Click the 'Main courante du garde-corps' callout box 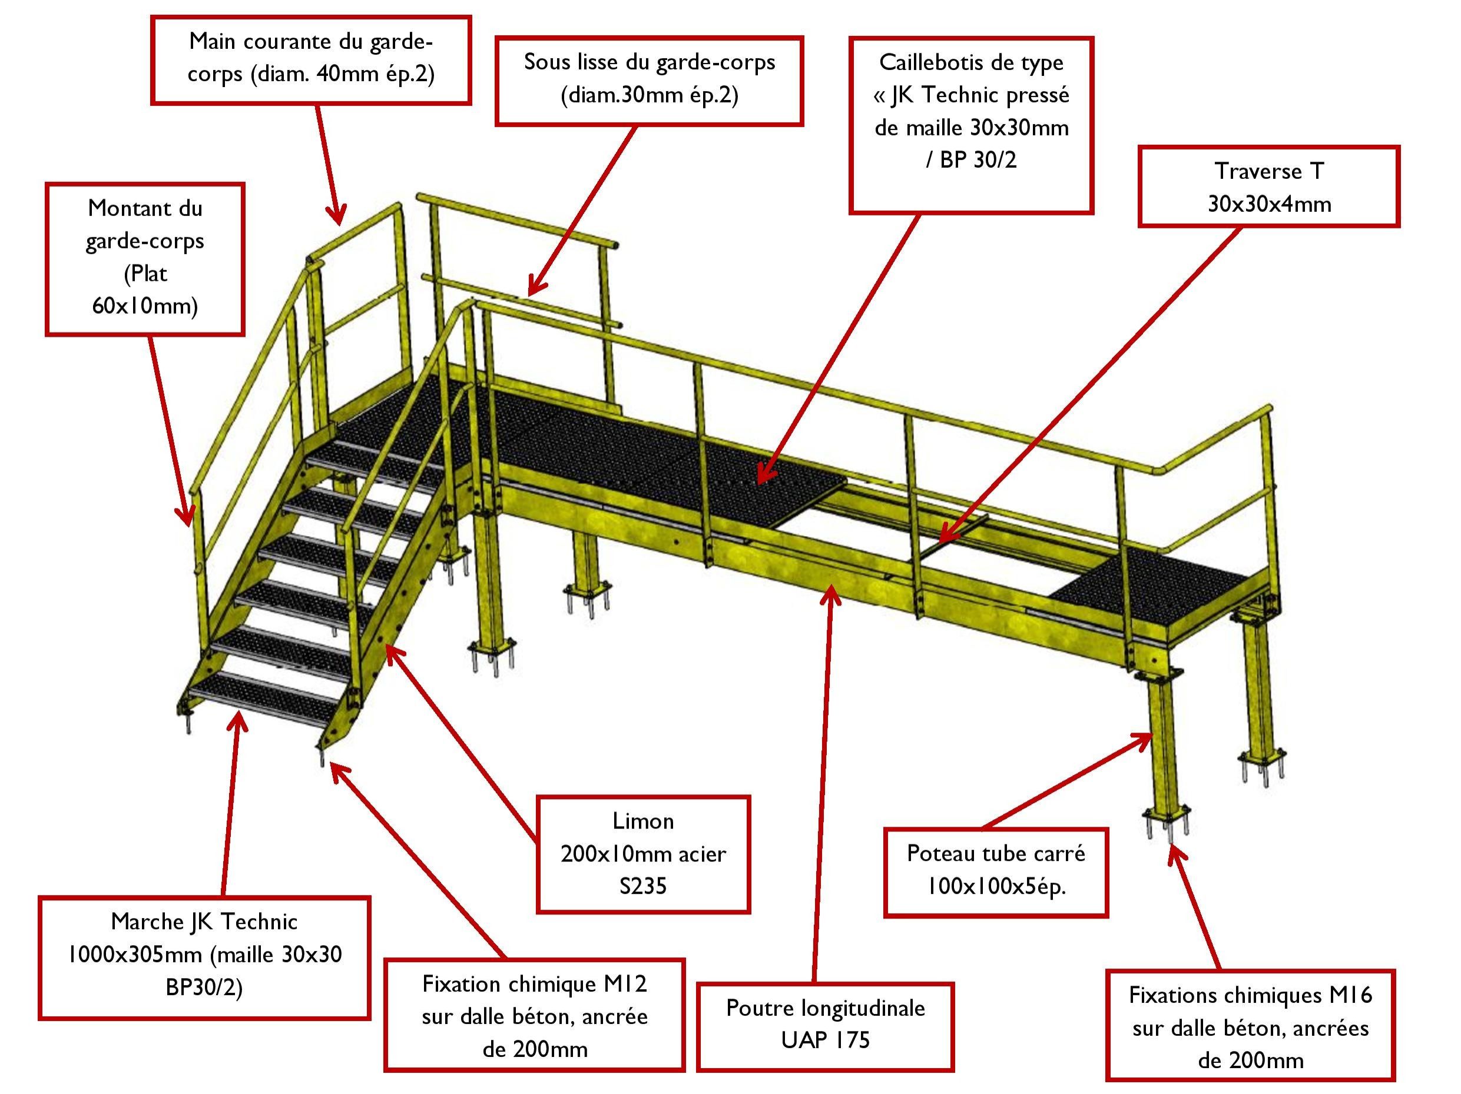click(x=310, y=60)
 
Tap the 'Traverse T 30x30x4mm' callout click(x=1269, y=187)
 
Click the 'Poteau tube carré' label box click(x=995, y=872)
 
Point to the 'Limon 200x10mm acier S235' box click(x=642, y=854)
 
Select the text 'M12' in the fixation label click(x=625, y=985)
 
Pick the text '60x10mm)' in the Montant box click(x=145, y=305)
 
